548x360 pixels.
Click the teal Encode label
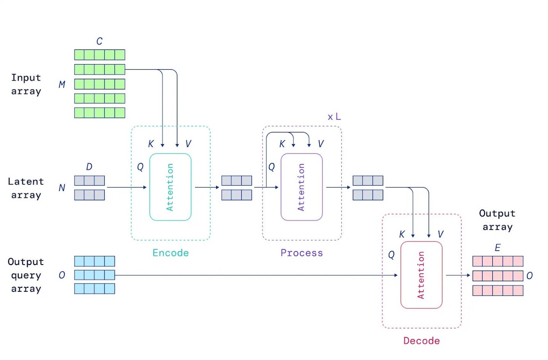tap(170, 253)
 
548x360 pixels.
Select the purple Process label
tap(301, 253)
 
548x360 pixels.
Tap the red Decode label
tap(421, 341)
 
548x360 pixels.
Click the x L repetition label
tap(334, 117)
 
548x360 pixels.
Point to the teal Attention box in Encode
tap(170, 187)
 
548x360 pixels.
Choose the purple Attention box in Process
tap(301, 187)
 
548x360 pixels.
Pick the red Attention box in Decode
tap(421, 275)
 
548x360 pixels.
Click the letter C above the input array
tap(99, 41)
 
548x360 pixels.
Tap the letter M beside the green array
tap(62, 84)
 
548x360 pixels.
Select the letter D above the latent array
tap(89, 167)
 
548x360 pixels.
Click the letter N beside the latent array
tap(62, 188)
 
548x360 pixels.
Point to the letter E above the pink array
tap(497, 248)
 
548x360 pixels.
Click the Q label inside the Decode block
tap(391, 255)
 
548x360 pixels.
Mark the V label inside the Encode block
tap(188, 144)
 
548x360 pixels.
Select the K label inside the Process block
tap(282, 144)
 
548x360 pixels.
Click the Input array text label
tap(26, 84)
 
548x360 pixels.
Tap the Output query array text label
tap(26, 275)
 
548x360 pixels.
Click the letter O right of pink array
tap(529, 276)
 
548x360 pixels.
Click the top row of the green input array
tap(100, 55)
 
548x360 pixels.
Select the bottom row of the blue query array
tap(94, 289)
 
